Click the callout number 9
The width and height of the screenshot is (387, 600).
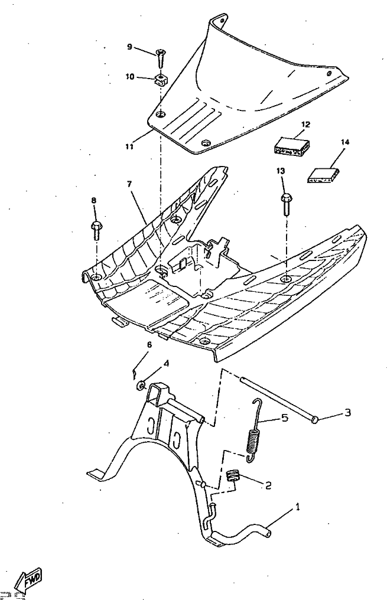[129, 47]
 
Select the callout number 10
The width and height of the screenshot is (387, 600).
[129, 77]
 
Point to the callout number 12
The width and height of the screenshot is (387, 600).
[305, 125]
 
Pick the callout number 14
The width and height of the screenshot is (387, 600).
[345, 142]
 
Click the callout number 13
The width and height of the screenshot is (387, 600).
[281, 171]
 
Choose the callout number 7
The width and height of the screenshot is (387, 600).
[129, 184]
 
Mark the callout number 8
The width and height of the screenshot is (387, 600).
[93, 201]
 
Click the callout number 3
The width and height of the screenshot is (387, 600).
[347, 412]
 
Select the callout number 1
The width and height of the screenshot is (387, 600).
[298, 507]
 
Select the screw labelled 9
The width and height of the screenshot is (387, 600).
[161, 58]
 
